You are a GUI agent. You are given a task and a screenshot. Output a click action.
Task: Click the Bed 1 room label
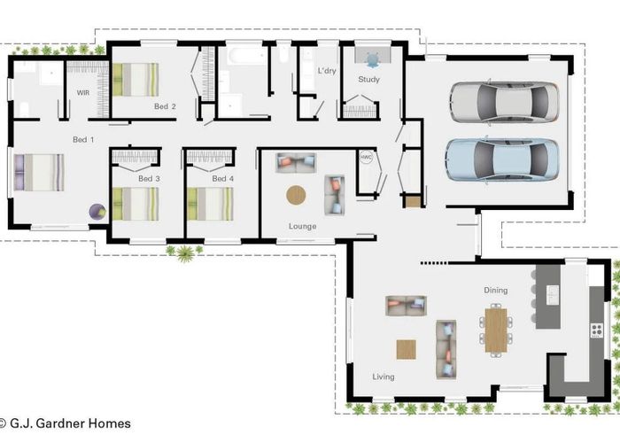point(83,140)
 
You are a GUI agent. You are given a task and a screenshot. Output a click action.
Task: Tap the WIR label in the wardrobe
point(83,93)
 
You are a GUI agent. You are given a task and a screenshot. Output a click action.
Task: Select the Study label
point(369,80)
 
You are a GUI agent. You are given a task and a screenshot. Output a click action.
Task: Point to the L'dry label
point(327,71)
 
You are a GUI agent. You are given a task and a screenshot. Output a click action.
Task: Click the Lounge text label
point(303,226)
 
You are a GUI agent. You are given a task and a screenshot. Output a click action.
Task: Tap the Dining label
point(496,291)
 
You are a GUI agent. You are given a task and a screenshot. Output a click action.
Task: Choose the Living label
point(384,377)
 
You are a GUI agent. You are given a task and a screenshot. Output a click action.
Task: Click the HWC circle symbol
point(366,157)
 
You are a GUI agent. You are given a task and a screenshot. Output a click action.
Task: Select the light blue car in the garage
point(502,159)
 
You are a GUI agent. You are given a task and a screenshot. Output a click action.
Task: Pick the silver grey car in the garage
point(504,102)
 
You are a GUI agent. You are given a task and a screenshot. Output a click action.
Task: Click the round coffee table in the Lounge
point(296,195)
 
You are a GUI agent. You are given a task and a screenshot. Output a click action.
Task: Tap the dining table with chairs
point(496,330)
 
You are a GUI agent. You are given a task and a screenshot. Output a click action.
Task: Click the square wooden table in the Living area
point(406,350)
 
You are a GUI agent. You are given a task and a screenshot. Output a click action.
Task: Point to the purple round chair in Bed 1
point(97,212)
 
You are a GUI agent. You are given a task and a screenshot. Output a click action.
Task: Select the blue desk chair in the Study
point(373,59)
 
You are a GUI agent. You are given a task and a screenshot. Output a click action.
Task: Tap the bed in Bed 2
point(136,80)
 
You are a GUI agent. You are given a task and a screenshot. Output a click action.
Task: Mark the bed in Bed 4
point(211,204)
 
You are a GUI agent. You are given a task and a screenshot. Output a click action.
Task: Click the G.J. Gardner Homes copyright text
point(66,424)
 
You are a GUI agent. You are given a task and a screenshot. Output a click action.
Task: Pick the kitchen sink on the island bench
point(553,295)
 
